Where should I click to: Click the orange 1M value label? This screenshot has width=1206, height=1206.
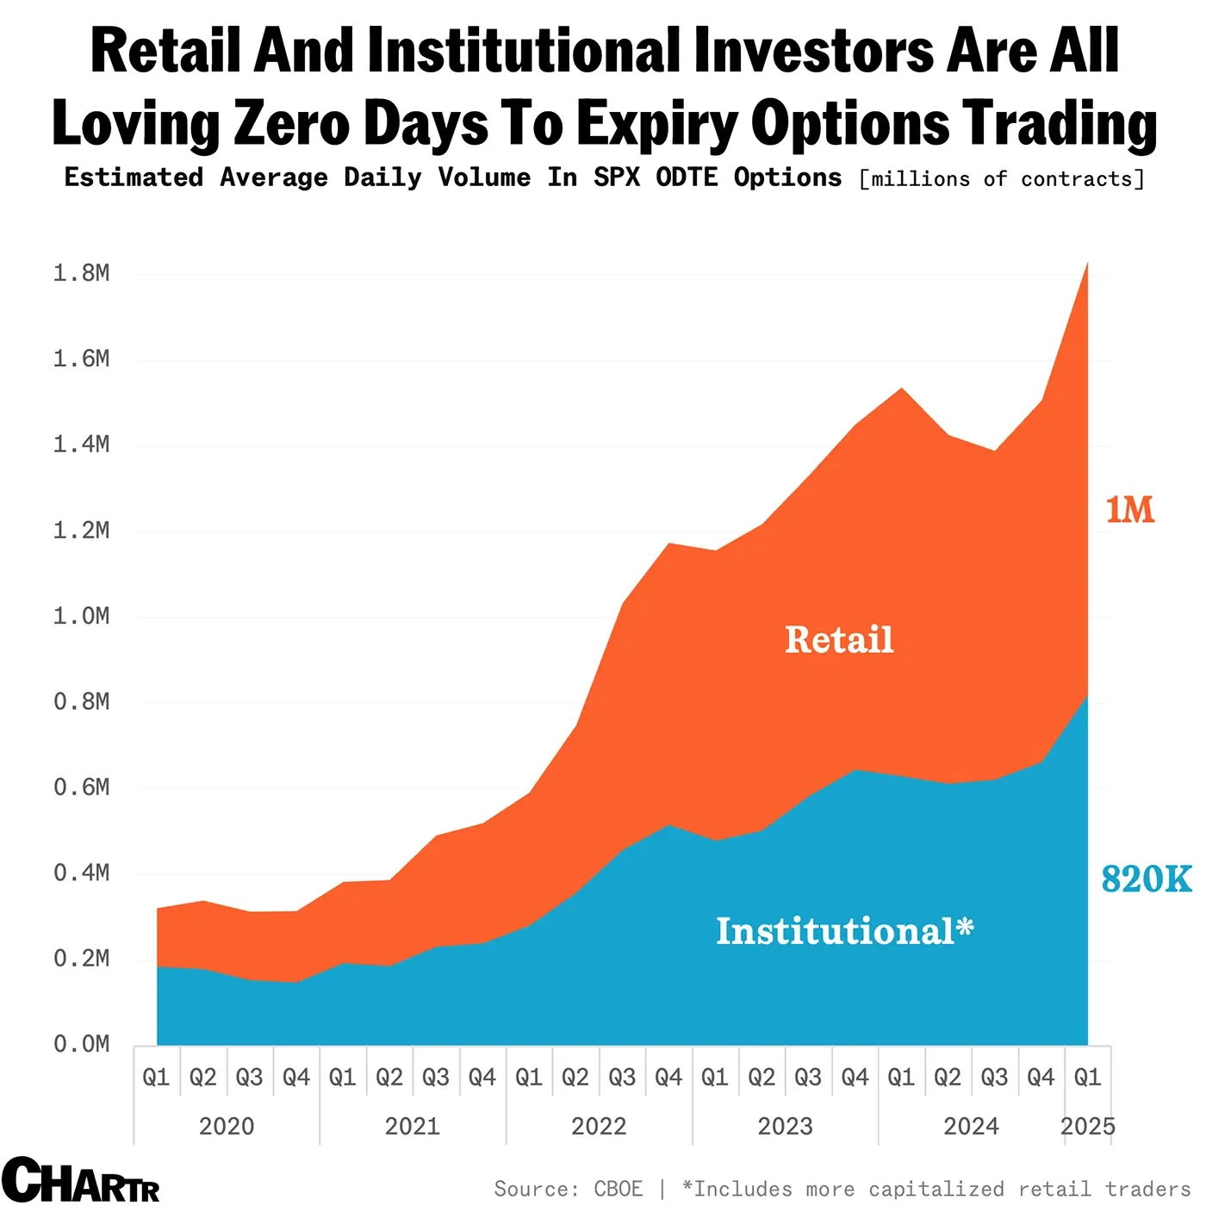pos(1129,510)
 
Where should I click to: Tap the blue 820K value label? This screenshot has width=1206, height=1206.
pos(1146,880)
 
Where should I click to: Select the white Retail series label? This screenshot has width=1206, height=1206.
pos(839,640)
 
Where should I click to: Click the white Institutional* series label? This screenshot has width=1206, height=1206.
pos(844,931)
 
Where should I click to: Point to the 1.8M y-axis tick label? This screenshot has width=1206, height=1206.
pos(82,273)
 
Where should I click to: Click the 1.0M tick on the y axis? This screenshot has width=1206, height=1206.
pos(82,616)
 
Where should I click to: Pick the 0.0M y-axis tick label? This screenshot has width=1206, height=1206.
pos(82,1044)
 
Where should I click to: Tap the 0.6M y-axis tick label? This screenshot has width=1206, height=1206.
pos(82,787)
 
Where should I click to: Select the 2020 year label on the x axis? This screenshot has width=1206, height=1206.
pos(227,1126)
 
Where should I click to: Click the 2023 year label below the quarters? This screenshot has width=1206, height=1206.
pos(785,1126)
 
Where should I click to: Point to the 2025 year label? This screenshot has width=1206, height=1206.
pos(1087,1126)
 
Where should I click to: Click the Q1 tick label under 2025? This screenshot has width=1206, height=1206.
pos(1087,1077)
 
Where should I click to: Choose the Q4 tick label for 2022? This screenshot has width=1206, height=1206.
pos(668,1077)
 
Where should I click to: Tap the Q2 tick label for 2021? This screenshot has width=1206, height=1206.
pos(389,1077)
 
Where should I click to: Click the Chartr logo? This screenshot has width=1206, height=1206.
pos(80,1180)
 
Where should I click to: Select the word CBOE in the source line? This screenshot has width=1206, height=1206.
pos(618,1189)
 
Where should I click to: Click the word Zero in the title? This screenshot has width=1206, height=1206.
pos(291,123)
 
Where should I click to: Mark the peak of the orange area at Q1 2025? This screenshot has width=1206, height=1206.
pos(1087,264)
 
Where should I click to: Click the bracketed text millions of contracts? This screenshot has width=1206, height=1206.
pos(1002,179)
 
